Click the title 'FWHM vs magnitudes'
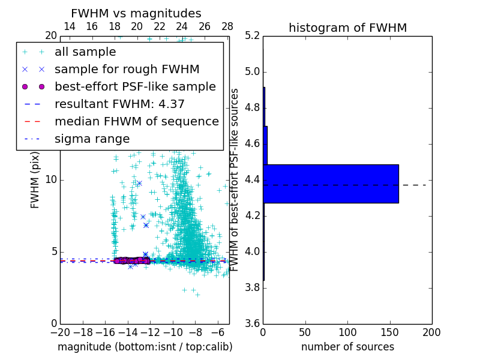[136, 13]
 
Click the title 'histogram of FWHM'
[347, 28]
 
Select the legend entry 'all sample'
[85, 52]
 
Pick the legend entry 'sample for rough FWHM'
[127, 70]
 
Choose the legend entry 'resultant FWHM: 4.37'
[119, 104]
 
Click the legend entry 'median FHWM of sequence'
[136, 122]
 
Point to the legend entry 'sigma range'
[92, 139]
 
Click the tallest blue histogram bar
[331, 184]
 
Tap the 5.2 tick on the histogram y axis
[252, 35]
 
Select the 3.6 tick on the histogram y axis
[252, 323]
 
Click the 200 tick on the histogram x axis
[431, 332]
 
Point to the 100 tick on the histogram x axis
[347, 332]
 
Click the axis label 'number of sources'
[347, 347]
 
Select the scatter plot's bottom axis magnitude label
[145, 347]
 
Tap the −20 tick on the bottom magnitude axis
[60, 332]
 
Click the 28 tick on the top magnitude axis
[227, 26]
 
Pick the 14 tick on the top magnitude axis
[70, 26]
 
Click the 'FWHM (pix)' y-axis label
[35, 179]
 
